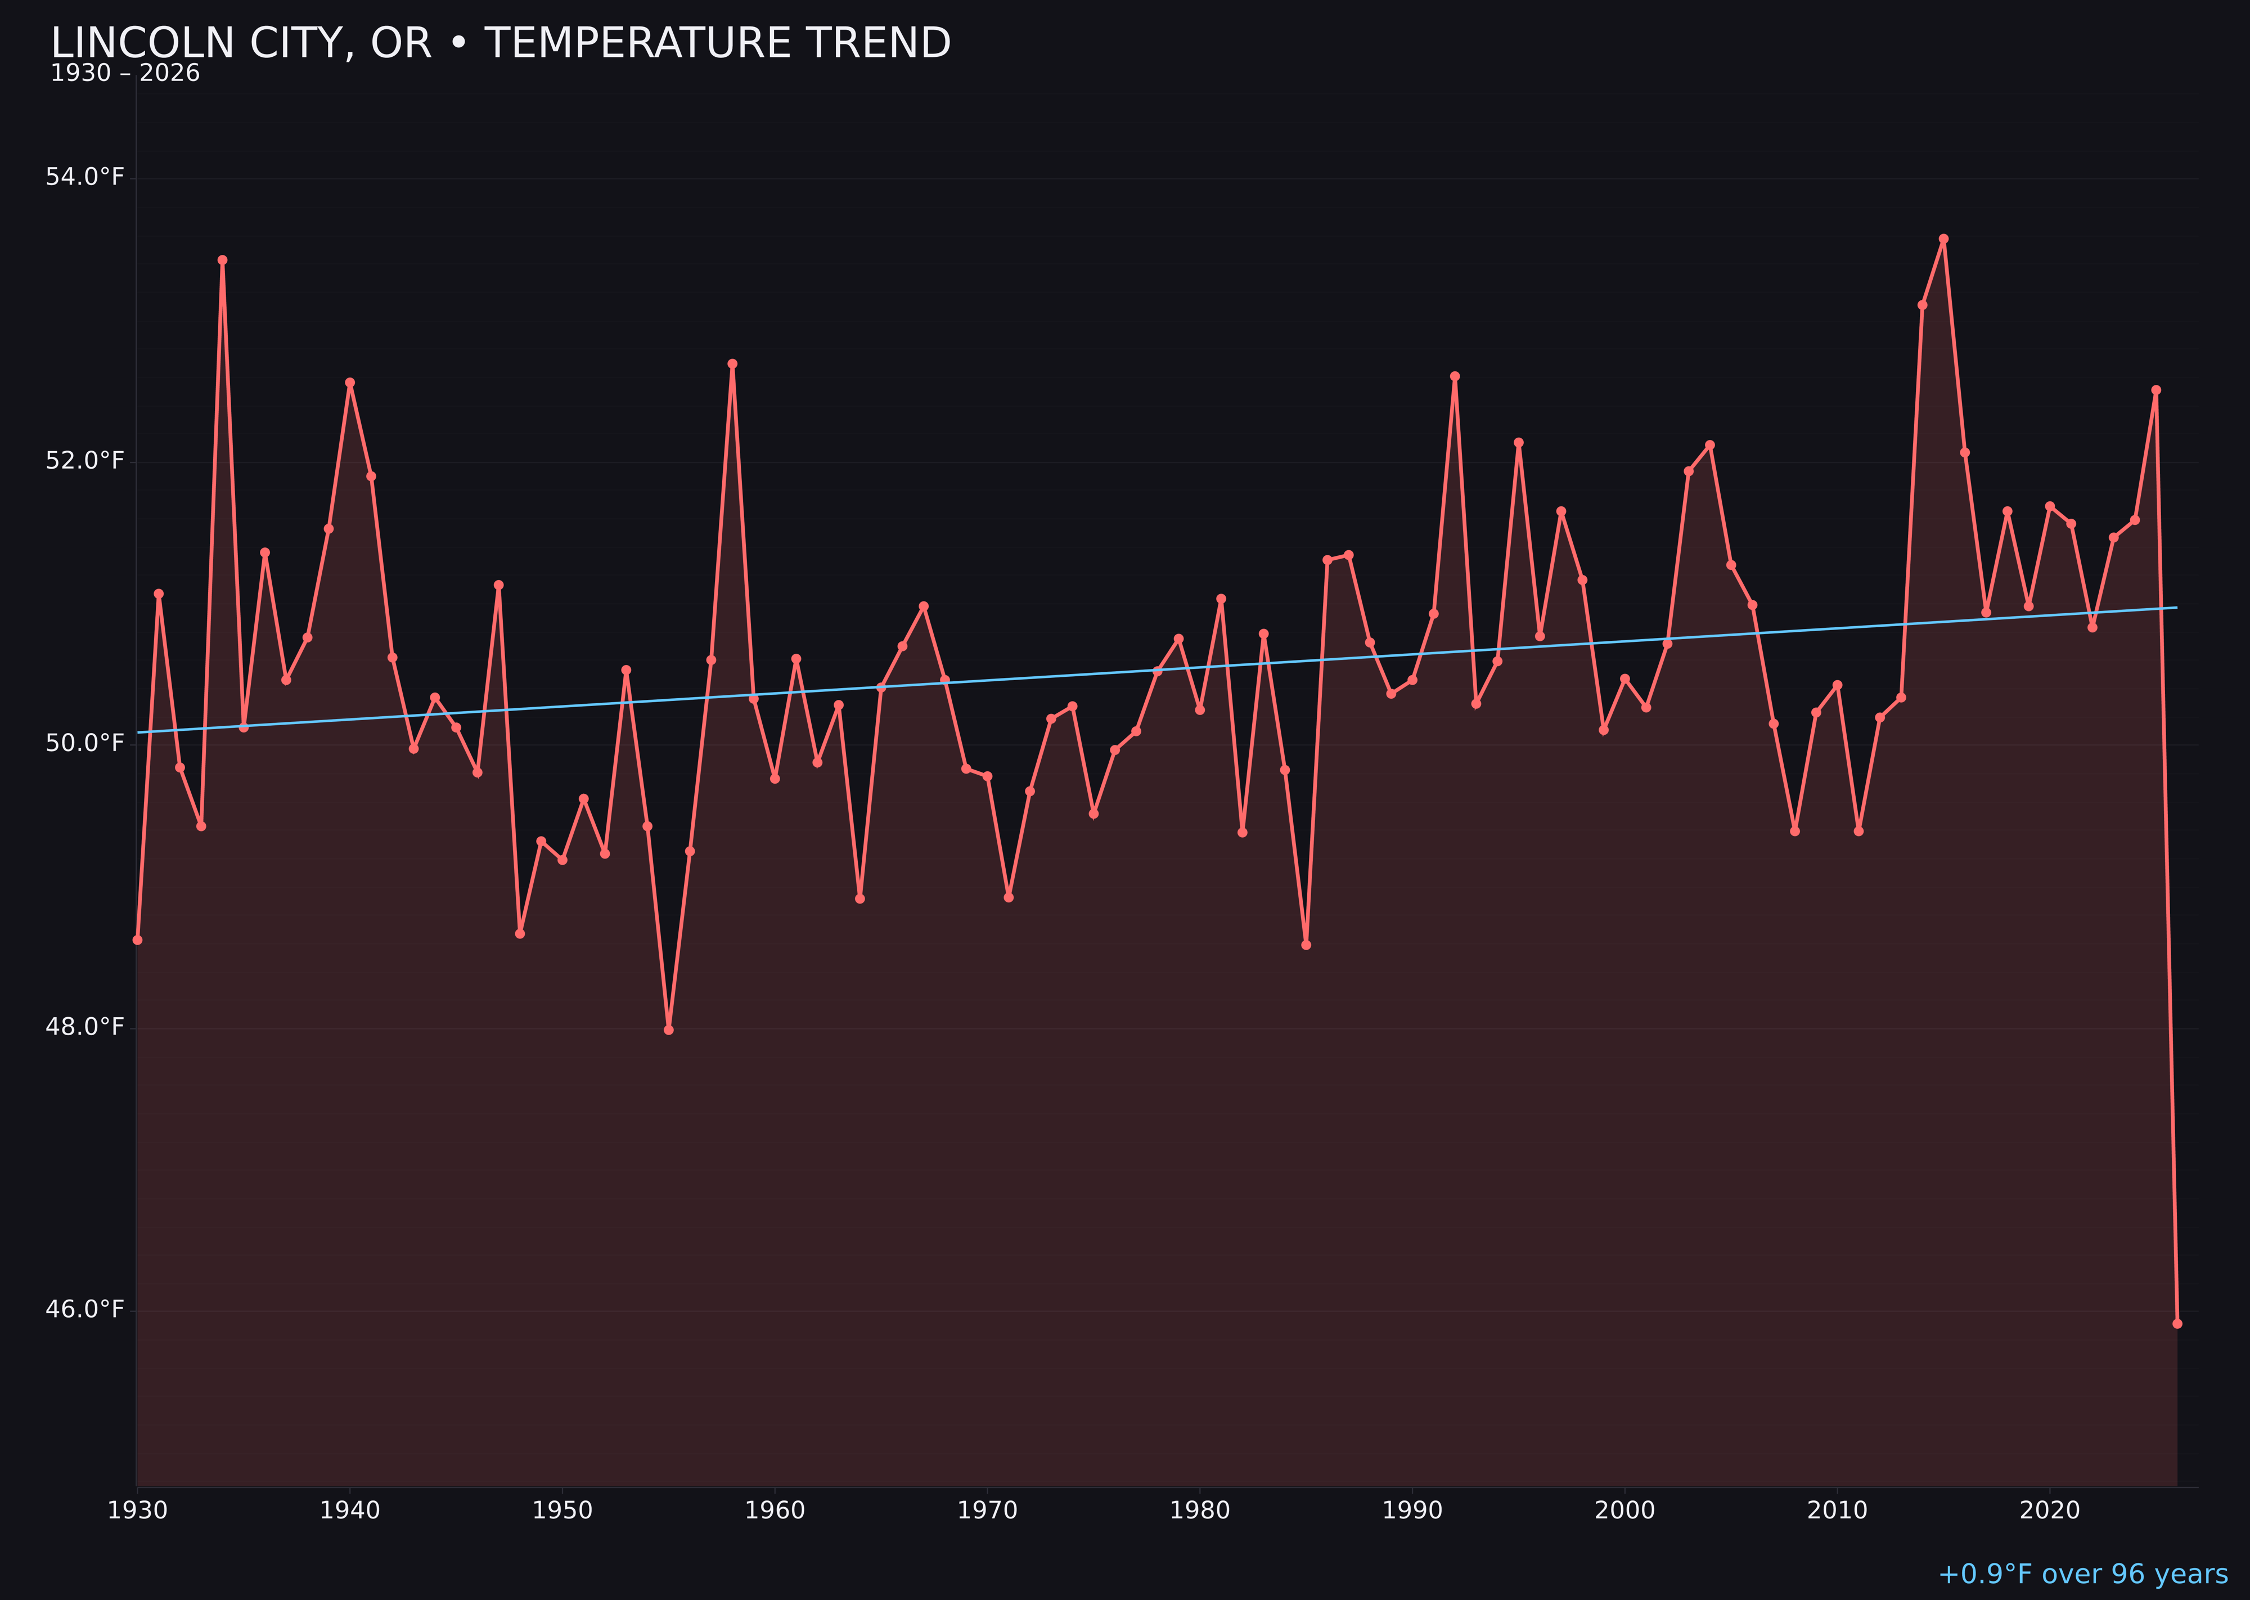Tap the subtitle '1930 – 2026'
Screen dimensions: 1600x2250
pos(125,74)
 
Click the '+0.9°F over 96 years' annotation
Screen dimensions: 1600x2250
pos(2082,1574)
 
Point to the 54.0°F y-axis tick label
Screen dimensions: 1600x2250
pos(85,177)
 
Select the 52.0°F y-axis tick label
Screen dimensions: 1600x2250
pos(85,461)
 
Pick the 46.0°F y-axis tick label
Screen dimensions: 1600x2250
pos(85,1309)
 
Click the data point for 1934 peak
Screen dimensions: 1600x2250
pos(223,260)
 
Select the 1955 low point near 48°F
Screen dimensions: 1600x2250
pos(669,1030)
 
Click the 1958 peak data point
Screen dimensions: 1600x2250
pos(732,363)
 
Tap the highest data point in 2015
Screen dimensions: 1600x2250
pos(1943,239)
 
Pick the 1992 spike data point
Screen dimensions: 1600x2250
pos(1455,376)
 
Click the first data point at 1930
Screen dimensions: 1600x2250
pos(138,940)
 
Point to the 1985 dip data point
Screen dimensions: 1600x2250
pos(1306,945)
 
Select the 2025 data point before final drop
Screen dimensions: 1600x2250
pos(2155,390)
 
